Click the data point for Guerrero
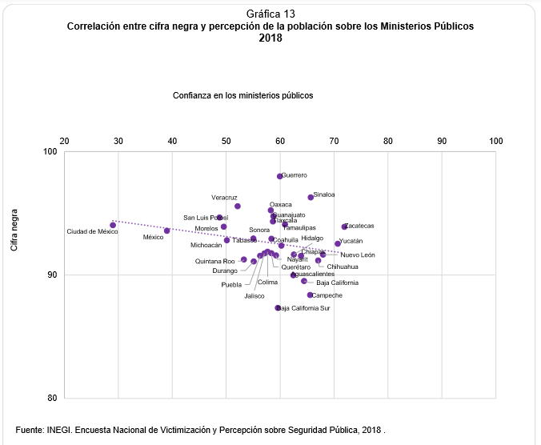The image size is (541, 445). click(280, 176)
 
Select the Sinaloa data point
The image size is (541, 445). click(311, 197)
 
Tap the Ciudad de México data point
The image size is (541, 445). click(113, 225)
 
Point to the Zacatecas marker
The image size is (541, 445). click(345, 227)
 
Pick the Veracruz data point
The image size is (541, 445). click(238, 206)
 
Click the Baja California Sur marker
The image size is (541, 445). click(278, 307)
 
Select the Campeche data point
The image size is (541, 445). click(310, 295)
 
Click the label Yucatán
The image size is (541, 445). click(351, 241)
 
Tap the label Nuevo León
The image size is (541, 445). click(357, 255)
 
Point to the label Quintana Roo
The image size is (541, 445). click(215, 261)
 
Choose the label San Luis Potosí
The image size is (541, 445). click(206, 218)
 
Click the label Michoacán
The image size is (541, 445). click(206, 245)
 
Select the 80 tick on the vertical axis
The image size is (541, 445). click(52, 399)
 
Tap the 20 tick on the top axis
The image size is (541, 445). click(64, 141)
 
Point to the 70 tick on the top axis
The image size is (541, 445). click(334, 141)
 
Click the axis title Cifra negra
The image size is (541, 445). click(14, 230)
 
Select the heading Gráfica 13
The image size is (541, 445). click(270, 14)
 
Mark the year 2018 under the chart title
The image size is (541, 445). click(270, 37)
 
